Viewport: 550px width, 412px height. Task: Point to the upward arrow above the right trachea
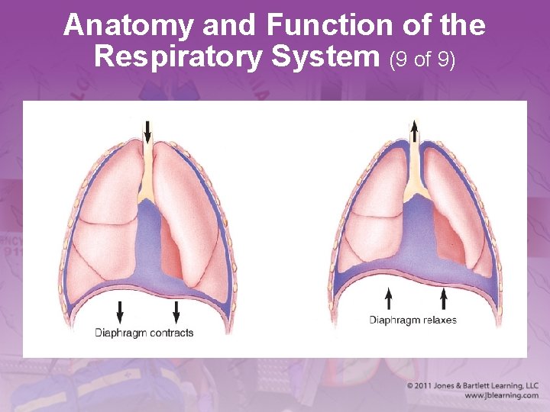pos(414,131)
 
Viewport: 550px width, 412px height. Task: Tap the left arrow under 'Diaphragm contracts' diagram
pos(119,311)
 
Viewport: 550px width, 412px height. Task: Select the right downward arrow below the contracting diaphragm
pos(176,311)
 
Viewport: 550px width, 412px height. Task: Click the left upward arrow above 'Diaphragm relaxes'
pos(389,298)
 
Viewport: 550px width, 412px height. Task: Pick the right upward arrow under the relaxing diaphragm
pos(443,298)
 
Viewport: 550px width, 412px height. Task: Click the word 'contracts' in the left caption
pos(172,333)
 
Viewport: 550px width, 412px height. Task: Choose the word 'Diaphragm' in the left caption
pos(121,333)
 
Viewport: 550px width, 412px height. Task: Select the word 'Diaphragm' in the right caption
pos(395,320)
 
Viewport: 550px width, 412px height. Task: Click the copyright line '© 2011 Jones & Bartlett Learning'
pos(473,386)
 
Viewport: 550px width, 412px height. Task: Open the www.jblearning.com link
pos(501,396)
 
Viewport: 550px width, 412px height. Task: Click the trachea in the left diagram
pos(148,168)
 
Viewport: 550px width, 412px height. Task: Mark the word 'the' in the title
pos(462,25)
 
